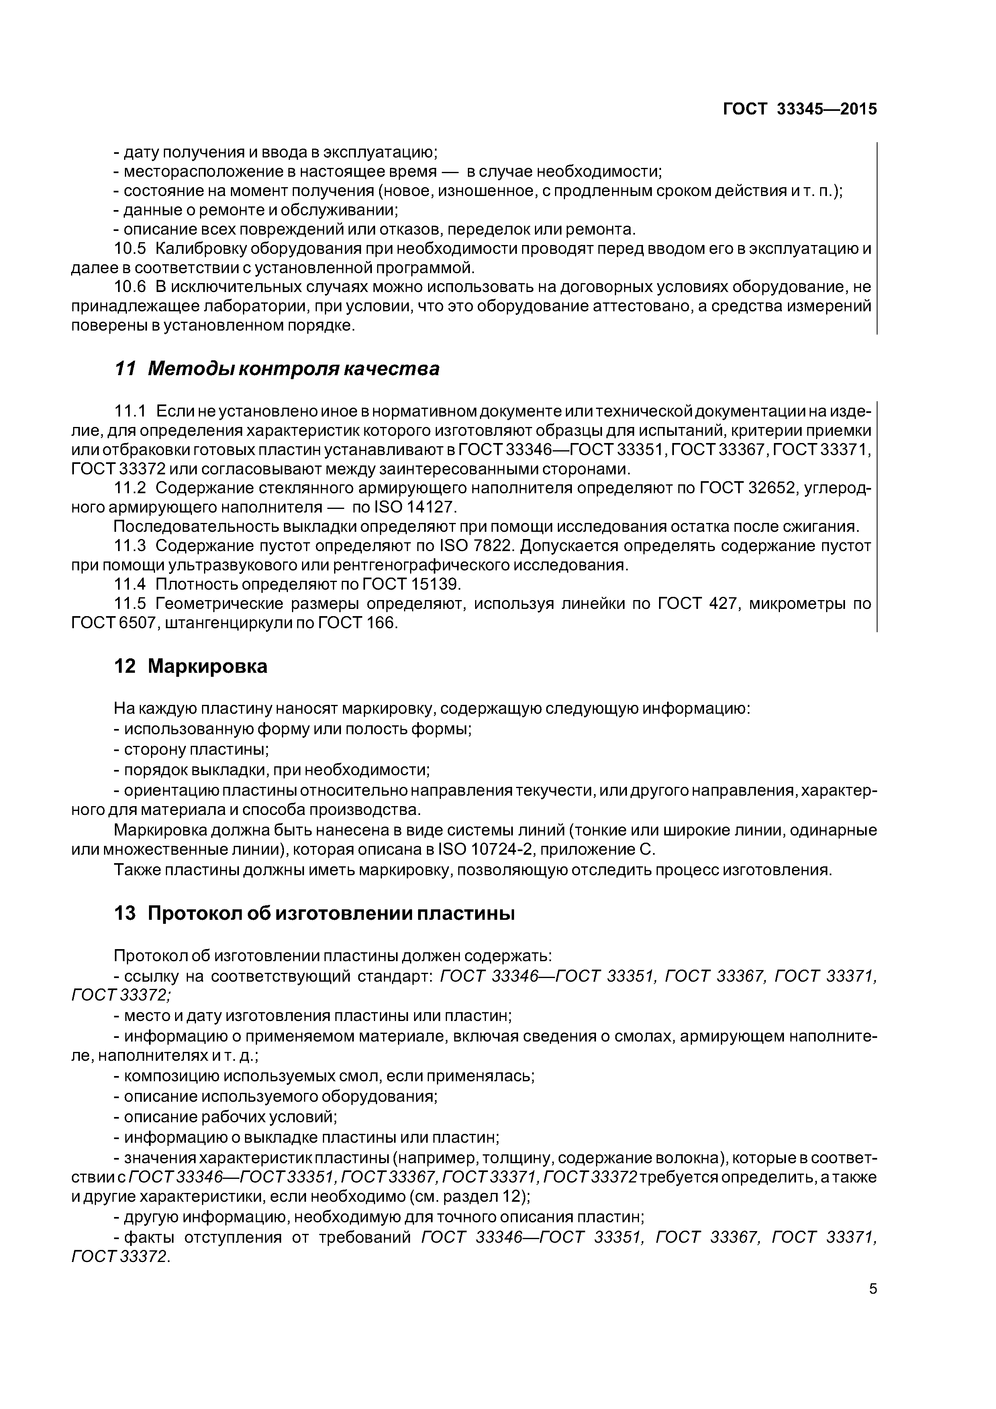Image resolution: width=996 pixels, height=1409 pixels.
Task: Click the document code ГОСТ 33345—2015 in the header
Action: tap(800, 109)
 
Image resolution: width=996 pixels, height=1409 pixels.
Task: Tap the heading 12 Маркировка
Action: tap(191, 666)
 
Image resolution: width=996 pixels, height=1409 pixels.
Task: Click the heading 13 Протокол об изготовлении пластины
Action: tap(314, 913)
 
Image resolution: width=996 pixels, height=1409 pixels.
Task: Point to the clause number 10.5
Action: tap(131, 249)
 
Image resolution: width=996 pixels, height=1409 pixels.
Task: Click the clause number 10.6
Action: tap(131, 287)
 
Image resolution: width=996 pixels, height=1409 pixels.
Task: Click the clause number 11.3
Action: tap(131, 545)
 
